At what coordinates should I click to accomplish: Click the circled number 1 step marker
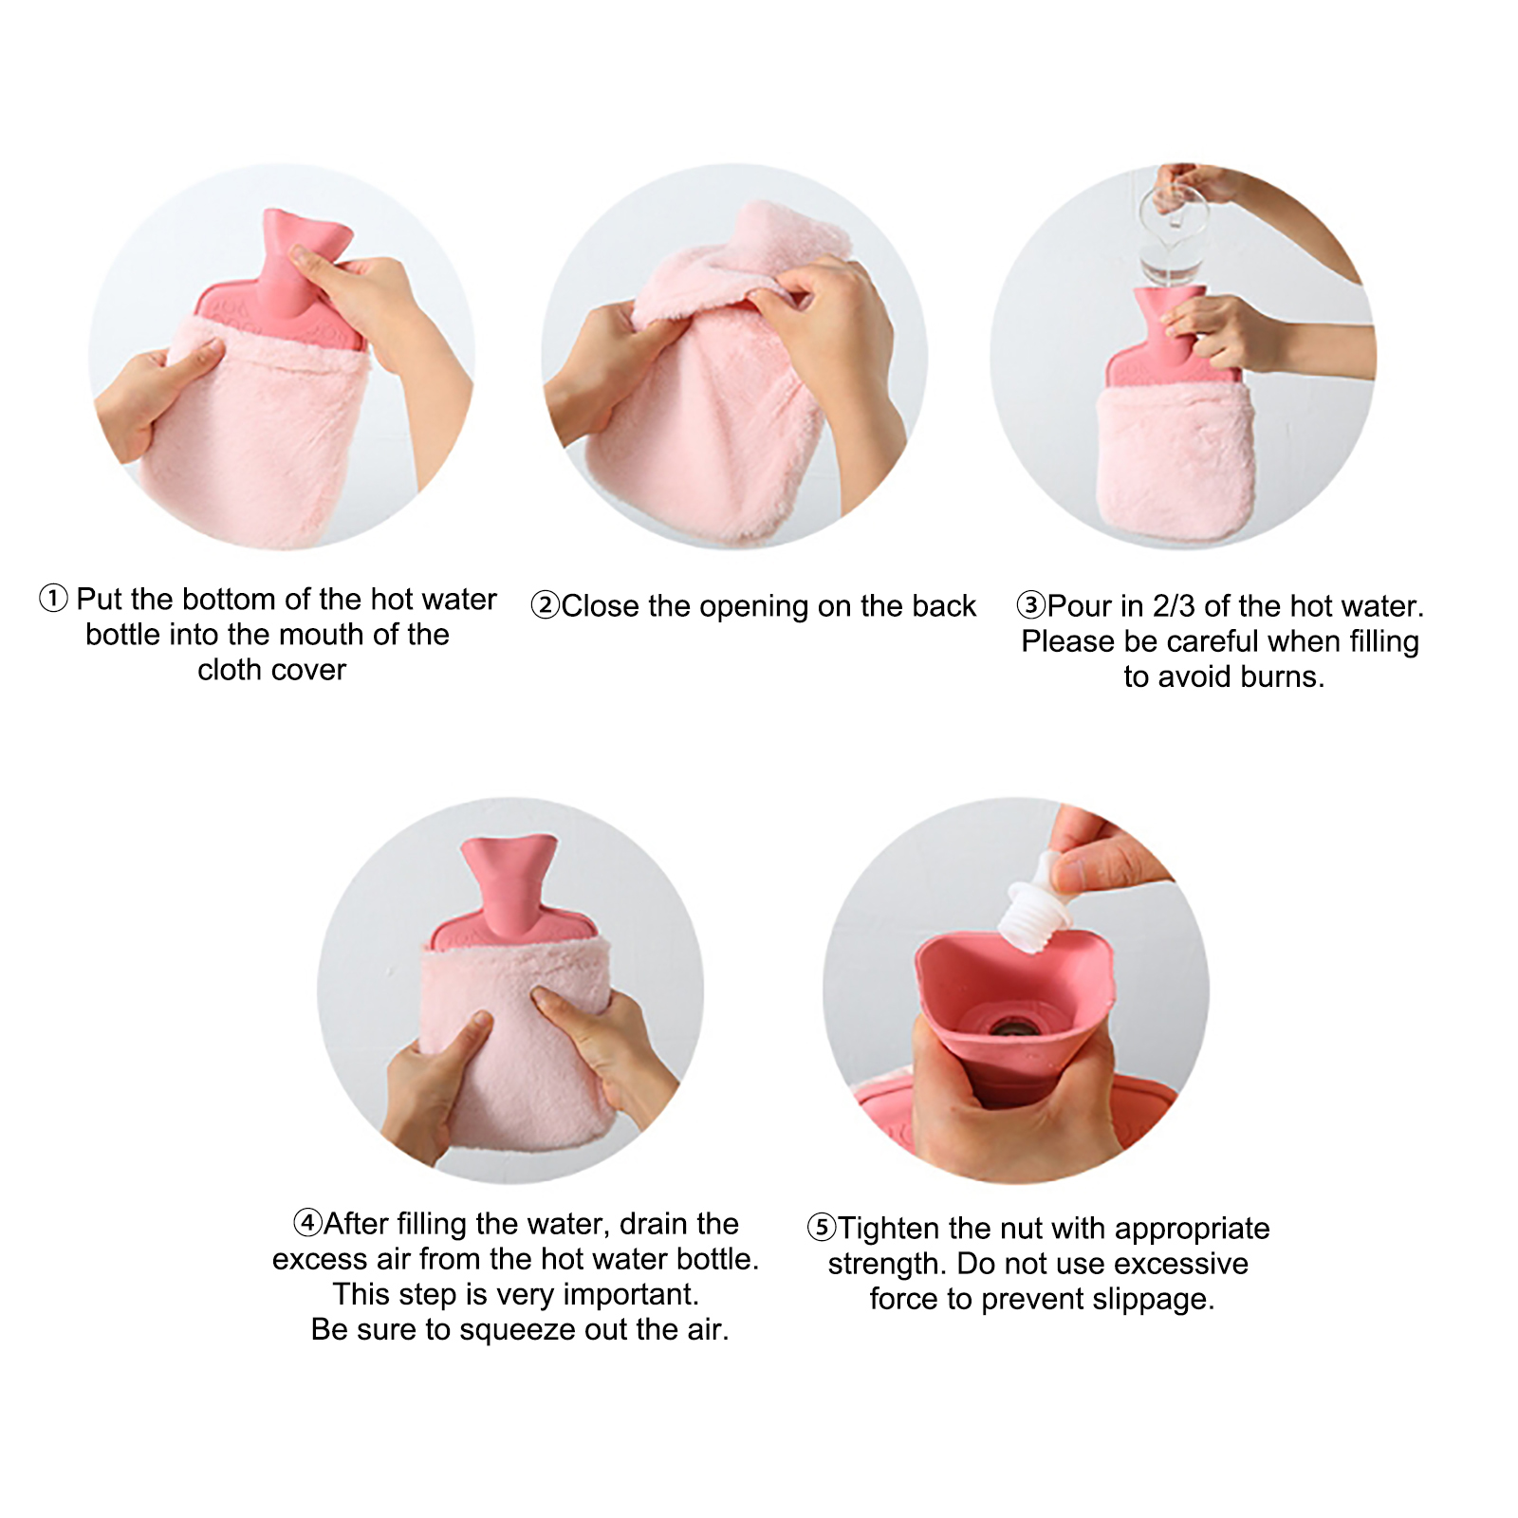click(x=53, y=599)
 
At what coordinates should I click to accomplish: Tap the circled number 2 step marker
click(x=546, y=605)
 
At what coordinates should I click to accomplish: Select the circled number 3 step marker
click(x=1031, y=605)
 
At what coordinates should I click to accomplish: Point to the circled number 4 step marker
click(x=308, y=1222)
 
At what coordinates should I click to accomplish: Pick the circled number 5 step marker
click(x=822, y=1228)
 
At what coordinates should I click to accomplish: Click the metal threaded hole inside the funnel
click(x=1010, y=1027)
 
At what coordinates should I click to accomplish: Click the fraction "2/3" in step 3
click(x=1174, y=605)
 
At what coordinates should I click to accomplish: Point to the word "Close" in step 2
click(x=601, y=605)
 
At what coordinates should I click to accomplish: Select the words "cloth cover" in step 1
click(x=271, y=670)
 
